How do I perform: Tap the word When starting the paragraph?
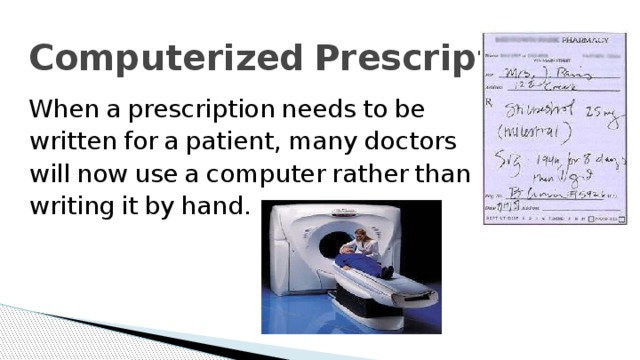(59, 108)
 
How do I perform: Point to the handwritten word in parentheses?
(531, 128)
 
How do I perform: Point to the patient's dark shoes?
(387, 271)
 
